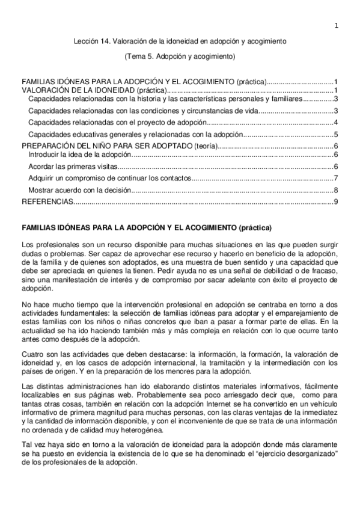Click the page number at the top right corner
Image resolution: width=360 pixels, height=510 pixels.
coord(337,25)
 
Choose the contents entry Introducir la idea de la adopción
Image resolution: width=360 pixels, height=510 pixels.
coord(79,155)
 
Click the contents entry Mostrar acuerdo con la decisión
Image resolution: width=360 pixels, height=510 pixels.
coord(79,190)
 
